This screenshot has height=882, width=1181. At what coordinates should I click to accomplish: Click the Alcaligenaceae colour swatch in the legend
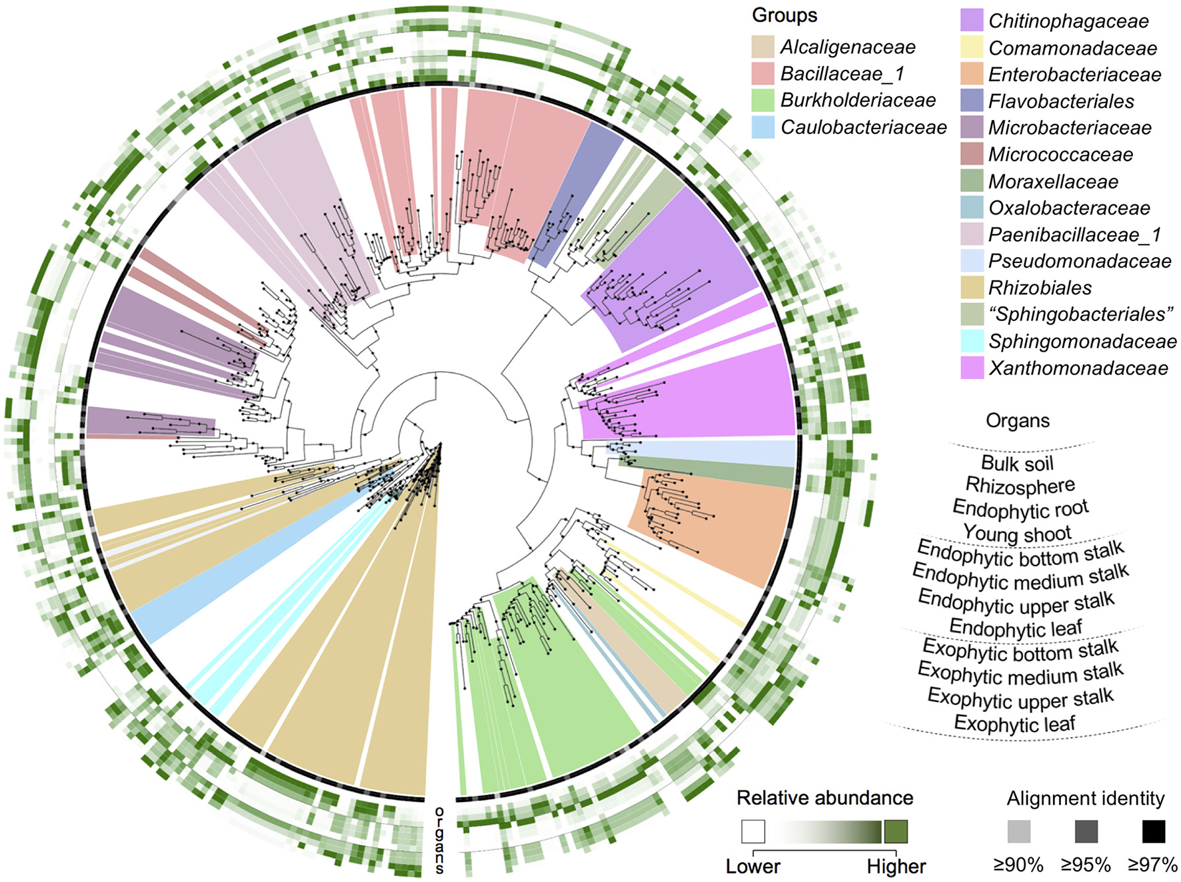[x=763, y=47]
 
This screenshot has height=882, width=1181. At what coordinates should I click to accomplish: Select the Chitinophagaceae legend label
[x=1068, y=21]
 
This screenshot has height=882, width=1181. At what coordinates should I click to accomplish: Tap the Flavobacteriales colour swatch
[x=972, y=101]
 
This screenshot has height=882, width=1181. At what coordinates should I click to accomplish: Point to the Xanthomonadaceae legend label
[x=1078, y=368]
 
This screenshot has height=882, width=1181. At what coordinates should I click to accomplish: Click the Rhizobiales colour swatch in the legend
[x=972, y=287]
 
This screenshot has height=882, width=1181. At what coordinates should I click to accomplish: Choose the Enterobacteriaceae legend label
[x=1074, y=74]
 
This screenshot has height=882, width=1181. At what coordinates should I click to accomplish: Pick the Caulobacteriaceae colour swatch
[x=763, y=127]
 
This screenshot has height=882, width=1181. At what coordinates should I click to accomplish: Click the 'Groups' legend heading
[x=784, y=15]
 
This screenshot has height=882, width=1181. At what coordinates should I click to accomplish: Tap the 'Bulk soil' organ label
[x=1017, y=463]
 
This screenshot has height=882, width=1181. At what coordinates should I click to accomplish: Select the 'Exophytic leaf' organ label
[x=1014, y=723]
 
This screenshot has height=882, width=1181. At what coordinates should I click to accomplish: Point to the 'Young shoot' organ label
[x=1017, y=533]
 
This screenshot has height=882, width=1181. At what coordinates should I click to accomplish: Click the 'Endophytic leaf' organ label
[x=1015, y=628]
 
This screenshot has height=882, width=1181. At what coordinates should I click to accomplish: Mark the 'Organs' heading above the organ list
[x=1017, y=420]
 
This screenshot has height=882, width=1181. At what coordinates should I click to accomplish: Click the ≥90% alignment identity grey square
[x=1018, y=831]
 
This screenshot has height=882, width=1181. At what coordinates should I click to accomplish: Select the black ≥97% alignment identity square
[x=1153, y=831]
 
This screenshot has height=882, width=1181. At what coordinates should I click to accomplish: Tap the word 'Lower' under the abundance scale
[x=752, y=866]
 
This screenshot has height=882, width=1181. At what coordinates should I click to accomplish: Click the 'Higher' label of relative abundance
[x=896, y=866]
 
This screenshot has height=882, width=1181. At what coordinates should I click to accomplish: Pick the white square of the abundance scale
[x=752, y=831]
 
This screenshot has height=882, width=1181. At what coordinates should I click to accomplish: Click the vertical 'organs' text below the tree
[x=439, y=841]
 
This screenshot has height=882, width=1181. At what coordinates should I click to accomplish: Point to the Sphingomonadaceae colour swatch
[x=972, y=340]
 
